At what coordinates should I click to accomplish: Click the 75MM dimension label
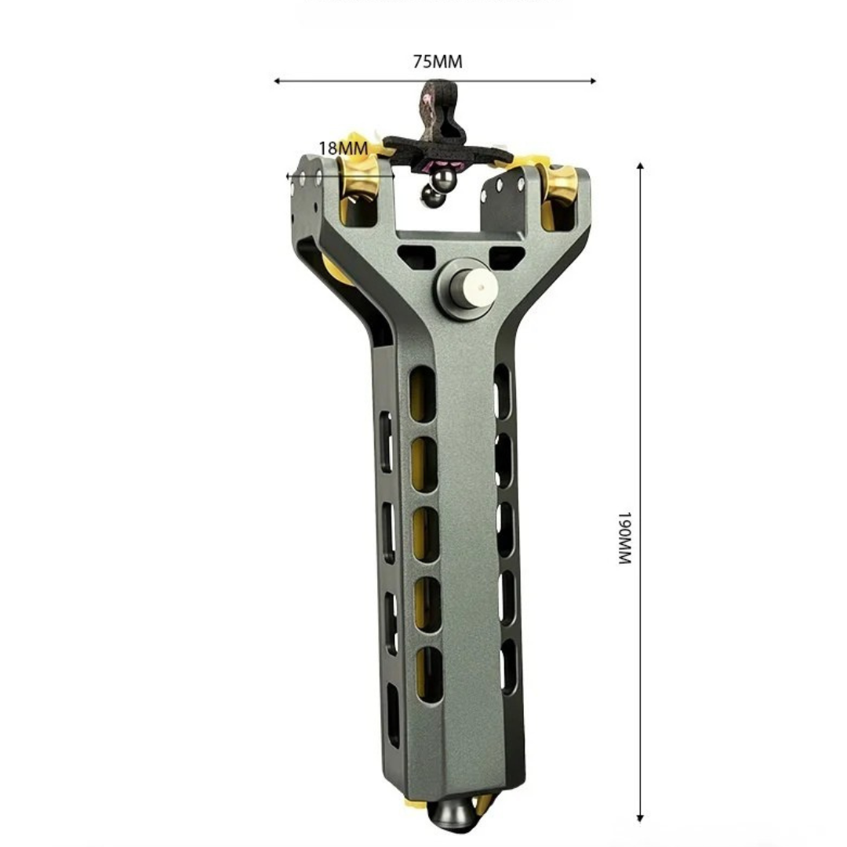tap(438, 62)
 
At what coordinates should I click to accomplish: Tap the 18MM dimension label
tap(343, 148)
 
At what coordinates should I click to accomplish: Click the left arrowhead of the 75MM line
tap(277, 81)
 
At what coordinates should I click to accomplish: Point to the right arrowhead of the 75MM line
tap(593, 81)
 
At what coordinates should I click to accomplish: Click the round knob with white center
tap(467, 289)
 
